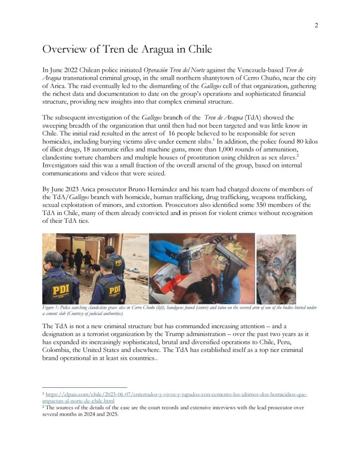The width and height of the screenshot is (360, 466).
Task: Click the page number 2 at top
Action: [x=316, y=26]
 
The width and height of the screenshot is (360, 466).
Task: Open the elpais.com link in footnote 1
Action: [x=175, y=395]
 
